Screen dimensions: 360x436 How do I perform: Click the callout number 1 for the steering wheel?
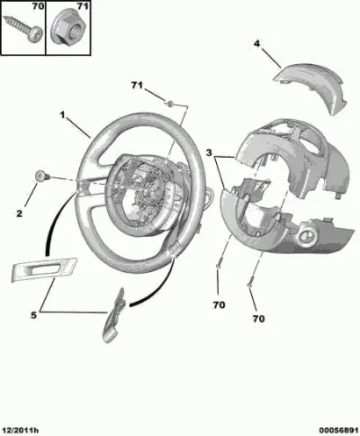[62, 114]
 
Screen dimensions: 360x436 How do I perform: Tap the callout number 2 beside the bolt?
[19, 213]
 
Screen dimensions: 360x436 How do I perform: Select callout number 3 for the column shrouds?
[209, 152]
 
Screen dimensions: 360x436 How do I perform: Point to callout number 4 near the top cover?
[256, 44]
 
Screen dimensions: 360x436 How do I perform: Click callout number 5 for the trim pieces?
[33, 315]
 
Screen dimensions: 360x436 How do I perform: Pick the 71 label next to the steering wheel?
[137, 86]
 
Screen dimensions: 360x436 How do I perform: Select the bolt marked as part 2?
[42, 176]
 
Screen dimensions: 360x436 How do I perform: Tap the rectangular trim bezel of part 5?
[44, 269]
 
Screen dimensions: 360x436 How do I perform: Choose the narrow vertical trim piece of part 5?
[113, 315]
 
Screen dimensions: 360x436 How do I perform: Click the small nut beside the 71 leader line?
[169, 104]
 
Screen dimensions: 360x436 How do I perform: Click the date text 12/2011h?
[20, 431]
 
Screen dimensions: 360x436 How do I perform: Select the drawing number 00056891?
[338, 431]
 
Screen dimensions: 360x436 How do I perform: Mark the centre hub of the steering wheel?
[147, 192]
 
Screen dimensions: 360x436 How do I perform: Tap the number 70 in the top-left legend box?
[38, 5]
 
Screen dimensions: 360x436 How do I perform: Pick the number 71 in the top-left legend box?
[83, 5]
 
